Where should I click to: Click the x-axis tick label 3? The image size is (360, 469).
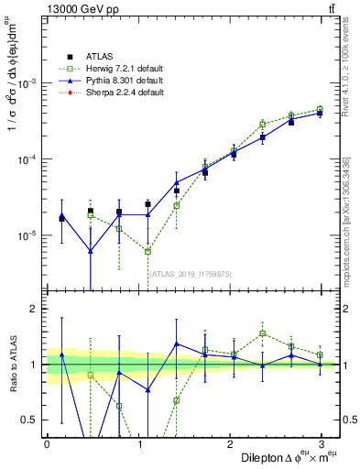(x=322, y=443)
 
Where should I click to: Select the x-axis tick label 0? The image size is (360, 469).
(x=47, y=443)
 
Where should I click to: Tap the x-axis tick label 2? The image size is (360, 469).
(x=230, y=443)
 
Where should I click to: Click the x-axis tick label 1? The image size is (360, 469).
(x=138, y=443)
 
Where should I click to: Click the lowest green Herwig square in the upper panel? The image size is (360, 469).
(x=147, y=251)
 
